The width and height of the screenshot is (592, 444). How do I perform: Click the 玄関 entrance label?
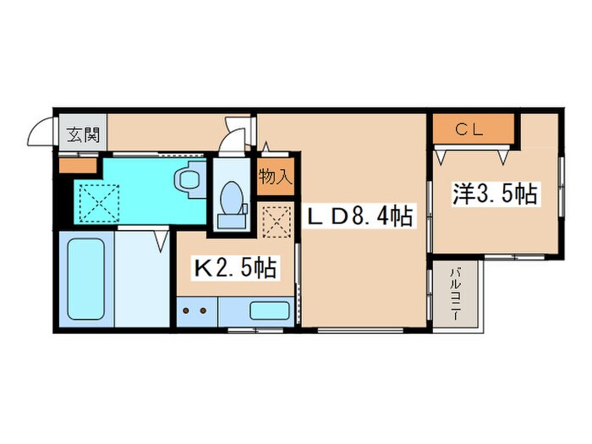tap(84, 134)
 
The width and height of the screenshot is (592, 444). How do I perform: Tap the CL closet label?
tap(469, 129)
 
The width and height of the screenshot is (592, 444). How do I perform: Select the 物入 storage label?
tap(276, 176)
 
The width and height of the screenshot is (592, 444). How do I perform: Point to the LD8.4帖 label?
tap(359, 216)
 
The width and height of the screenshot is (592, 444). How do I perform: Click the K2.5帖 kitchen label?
tap(236, 268)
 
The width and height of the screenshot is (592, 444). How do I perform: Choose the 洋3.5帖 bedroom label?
tap(495, 194)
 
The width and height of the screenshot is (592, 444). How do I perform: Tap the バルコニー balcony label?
tap(457, 294)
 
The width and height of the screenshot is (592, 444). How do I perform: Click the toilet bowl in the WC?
tap(231, 197)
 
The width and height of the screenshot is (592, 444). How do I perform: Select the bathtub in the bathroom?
tap(86, 279)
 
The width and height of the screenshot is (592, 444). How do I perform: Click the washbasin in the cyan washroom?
tap(187, 180)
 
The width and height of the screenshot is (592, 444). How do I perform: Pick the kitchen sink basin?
tap(270, 310)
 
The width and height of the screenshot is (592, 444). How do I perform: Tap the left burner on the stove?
tap(186, 311)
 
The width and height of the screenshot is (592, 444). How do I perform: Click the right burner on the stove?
tap(203, 311)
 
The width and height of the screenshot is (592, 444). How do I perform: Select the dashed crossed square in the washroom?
tap(99, 203)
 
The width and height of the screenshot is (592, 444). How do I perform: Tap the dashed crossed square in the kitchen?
tap(277, 222)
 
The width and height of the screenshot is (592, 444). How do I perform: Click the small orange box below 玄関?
tap(78, 166)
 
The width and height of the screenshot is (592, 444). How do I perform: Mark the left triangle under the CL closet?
tap(441, 156)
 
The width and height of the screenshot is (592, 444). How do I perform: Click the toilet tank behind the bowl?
tap(231, 221)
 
